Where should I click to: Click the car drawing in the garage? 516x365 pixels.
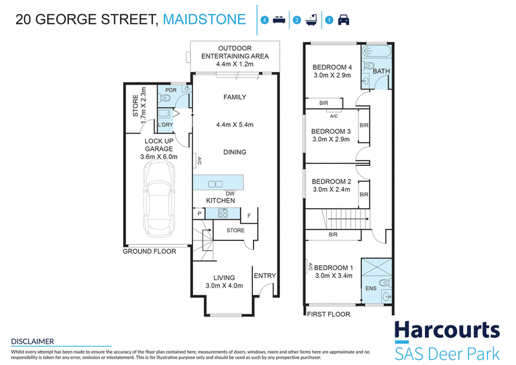tap(159, 199)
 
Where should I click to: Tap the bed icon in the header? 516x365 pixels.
tap(279, 20)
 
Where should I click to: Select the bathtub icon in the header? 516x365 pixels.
tap(312, 20)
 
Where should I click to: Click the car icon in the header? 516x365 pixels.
tap(343, 20)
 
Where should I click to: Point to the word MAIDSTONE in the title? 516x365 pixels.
tap(204, 19)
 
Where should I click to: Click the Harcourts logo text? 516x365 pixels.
tap(447, 330)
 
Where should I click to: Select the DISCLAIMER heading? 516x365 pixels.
tap(33, 341)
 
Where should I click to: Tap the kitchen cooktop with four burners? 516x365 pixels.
tap(223, 213)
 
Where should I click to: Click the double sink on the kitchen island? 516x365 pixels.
tap(215, 184)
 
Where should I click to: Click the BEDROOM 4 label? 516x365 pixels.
tap(332, 67)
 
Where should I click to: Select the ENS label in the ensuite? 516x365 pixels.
tap(371, 288)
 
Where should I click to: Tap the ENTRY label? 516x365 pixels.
tap(264, 276)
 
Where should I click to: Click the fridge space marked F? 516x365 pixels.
tap(249, 215)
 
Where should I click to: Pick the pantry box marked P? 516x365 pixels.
tap(199, 213)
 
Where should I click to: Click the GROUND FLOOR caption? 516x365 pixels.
tap(150, 252)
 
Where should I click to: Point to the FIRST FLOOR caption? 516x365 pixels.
tap(328, 314)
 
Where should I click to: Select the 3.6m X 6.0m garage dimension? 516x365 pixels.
tap(159, 157)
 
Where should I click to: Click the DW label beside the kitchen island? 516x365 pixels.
tap(230, 193)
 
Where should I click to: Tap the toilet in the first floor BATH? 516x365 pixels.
tap(368, 65)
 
